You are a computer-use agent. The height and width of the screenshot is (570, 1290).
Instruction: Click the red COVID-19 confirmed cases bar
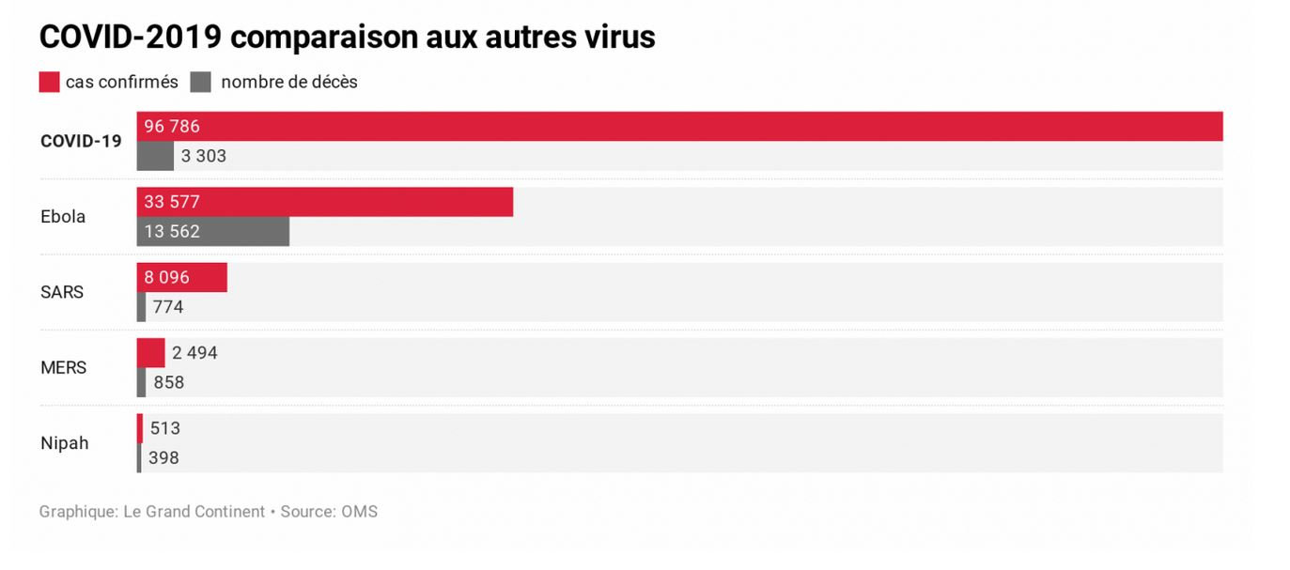point(679,126)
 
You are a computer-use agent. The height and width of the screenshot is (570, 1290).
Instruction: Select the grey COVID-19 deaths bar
point(155,156)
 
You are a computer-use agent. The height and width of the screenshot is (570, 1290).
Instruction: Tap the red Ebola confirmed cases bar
point(324,202)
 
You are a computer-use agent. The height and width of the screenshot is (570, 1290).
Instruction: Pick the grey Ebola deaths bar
point(212,231)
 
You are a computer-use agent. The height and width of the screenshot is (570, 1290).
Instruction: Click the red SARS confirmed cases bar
point(181,277)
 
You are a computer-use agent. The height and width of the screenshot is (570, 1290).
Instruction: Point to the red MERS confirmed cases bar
point(150,353)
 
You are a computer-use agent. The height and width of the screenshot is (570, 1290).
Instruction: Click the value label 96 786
point(172,127)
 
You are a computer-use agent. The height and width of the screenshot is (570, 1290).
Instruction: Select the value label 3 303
point(204,156)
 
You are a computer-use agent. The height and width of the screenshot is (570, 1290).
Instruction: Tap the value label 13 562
point(172,231)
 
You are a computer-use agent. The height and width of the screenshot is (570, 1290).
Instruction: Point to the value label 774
point(168,307)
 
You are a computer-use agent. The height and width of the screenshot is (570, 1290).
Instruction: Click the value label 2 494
point(194,353)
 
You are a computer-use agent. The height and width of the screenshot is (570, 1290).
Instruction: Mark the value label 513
point(165,429)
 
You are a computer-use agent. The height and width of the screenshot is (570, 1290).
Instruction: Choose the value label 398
point(163,458)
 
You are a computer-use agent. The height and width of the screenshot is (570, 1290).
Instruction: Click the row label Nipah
point(65,443)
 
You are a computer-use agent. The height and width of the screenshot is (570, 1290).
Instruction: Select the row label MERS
point(64,367)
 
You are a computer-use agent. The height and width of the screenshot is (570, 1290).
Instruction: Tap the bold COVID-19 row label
point(81,141)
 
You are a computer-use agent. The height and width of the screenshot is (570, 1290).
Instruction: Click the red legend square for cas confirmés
point(49,82)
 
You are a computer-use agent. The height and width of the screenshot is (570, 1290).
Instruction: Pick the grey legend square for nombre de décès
point(200,82)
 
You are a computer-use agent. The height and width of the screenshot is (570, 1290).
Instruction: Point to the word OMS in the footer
point(360,512)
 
